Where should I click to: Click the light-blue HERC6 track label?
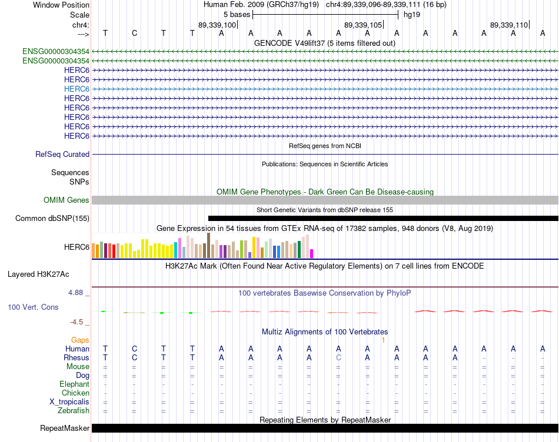pyautogui.click(x=76, y=89)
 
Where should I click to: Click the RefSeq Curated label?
pyautogui.click(x=62, y=154)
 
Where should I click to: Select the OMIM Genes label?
pyautogui.click(x=66, y=200)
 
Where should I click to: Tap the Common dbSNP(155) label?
pyautogui.click(x=52, y=218)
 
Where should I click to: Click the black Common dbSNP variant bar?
pyautogui.click(x=383, y=218)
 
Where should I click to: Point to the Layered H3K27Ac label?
pyautogui.click(x=38, y=274)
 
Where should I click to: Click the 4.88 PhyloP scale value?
pyautogui.click(x=75, y=293)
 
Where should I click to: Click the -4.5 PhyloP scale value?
pyautogui.click(x=76, y=322)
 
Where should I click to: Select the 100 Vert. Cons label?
pyautogui.click(x=33, y=307)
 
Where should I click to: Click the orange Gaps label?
pyautogui.click(x=80, y=340)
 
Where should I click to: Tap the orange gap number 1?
pyautogui.click(x=383, y=340)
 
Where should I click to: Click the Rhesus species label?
pyautogui.click(x=76, y=357)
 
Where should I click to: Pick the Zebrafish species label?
pyautogui.click(x=74, y=411)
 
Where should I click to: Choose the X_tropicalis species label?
pyautogui.click(x=69, y=402)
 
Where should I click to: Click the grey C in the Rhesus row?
pyautogui.click(x=338, y=357)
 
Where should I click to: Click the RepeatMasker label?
pyautogui.click(x=65, y=428)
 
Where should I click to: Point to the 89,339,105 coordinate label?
pyautogui.click(x=363, y=25)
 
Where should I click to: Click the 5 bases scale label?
pyautogui.click(x=237, y=15)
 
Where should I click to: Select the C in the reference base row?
pyautogui.click(x=134, y=33)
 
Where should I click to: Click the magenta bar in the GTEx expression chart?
pyautogui.click(x=312, y=253)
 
